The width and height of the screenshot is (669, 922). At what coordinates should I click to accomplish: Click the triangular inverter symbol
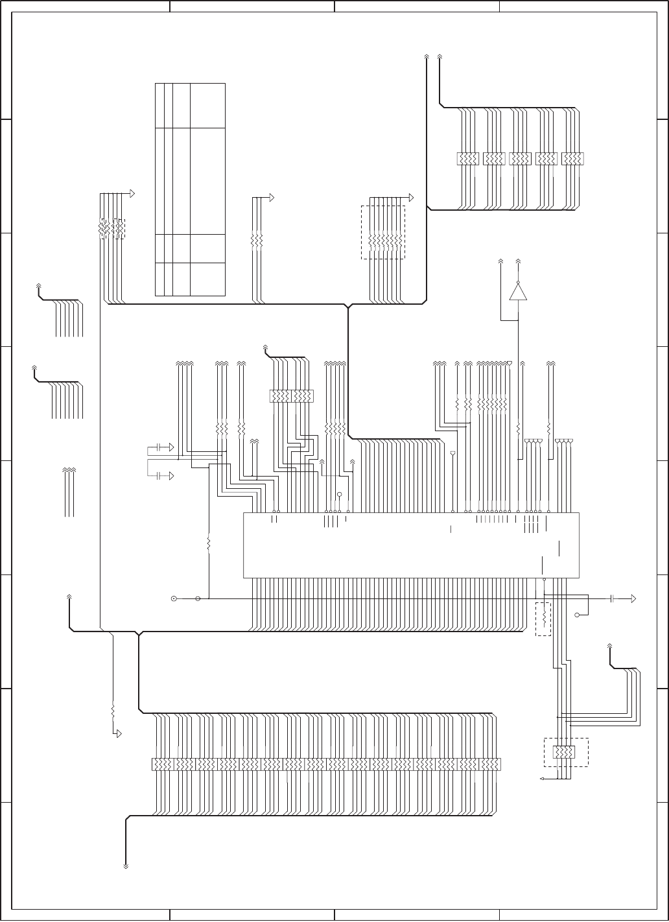(518, 292)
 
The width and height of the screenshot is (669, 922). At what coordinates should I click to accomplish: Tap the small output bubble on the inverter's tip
(518, 282)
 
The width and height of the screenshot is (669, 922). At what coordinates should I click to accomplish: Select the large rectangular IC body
(410, 545)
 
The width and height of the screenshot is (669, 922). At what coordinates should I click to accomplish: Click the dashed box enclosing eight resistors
(382, 233)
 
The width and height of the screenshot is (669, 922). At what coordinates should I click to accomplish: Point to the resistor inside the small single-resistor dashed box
(543, 619)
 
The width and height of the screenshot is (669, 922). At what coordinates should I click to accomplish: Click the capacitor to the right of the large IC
(612, 598)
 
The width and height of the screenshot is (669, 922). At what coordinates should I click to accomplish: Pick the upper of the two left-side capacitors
(158, 447)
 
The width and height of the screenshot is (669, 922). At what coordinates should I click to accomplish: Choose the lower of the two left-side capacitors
(158, 476)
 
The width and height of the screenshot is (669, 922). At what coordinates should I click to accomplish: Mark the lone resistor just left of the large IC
(209, 542)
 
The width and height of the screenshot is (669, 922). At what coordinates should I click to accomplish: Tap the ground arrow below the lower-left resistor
(118, 733)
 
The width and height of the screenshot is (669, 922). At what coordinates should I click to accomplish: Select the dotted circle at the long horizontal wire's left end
(173, 598)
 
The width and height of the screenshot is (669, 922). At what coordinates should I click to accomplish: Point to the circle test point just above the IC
(339, 495)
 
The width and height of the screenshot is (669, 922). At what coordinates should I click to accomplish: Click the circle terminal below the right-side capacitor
(578, 614)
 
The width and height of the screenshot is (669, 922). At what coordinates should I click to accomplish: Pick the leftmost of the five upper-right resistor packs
(468, 159)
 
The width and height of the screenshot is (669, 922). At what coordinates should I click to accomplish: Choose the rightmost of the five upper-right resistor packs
(572, 159)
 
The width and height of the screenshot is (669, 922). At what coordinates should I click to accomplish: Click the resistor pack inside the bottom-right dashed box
(563, 752)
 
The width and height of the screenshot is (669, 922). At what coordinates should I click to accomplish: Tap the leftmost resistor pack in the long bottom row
(162, 764)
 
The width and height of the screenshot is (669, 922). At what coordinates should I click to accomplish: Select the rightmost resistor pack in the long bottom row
(489, 764)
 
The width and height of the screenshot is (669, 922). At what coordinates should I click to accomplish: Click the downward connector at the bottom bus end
(126, 865)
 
